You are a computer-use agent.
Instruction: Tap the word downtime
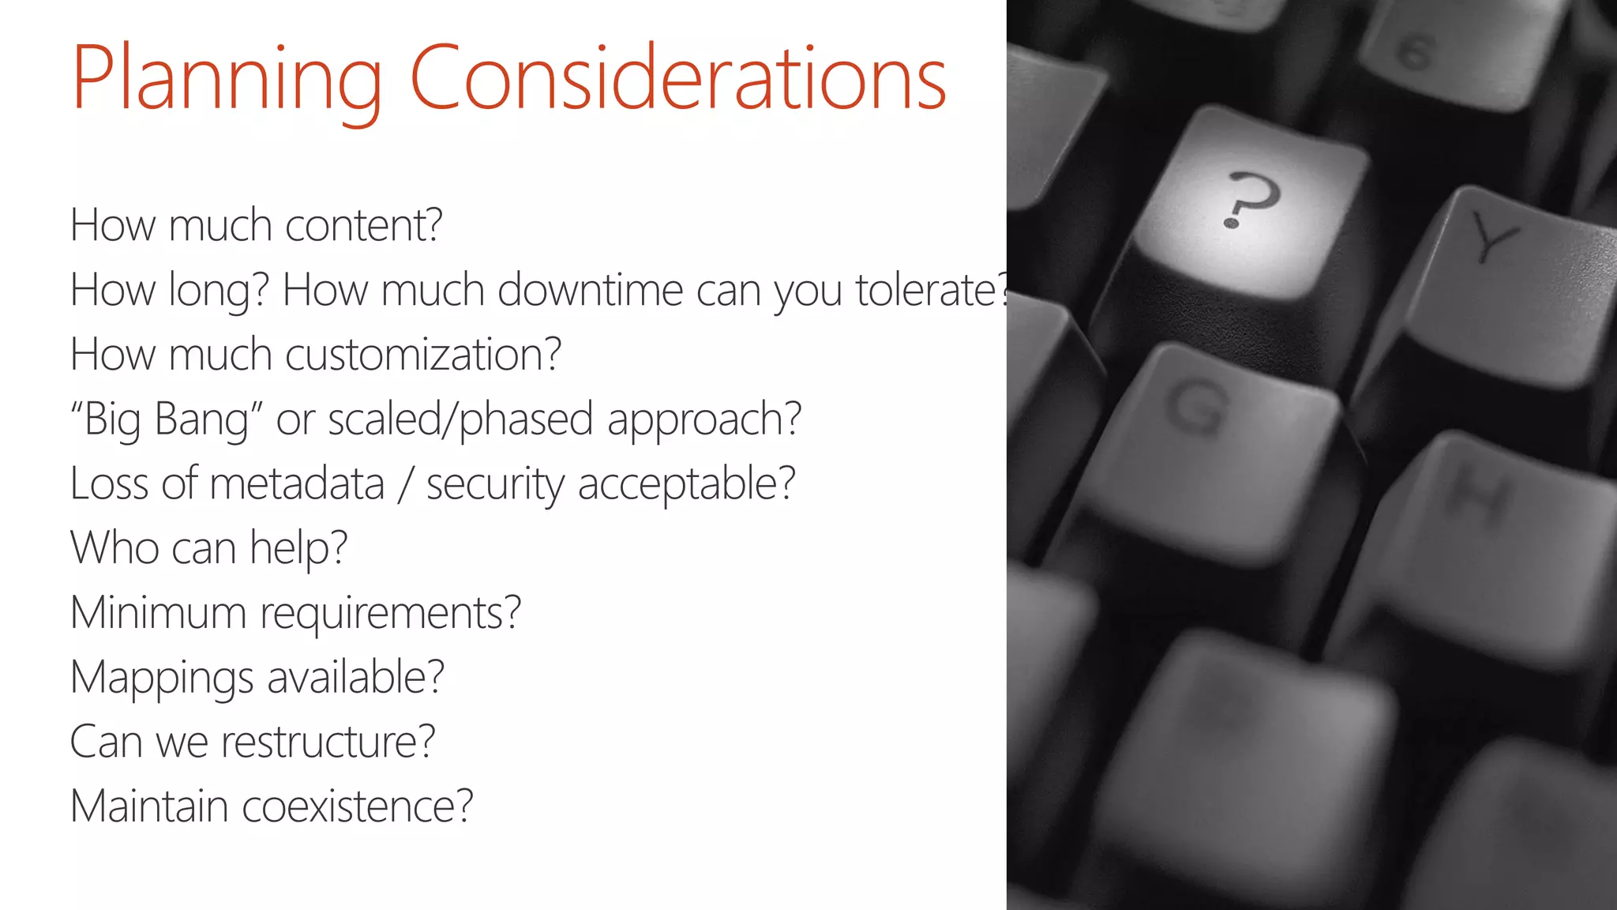point(591,290)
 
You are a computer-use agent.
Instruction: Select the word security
point(495,484)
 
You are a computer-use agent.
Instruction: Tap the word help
point(298,548)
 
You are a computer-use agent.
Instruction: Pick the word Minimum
point(158,613)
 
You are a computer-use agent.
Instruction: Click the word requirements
point(391,614)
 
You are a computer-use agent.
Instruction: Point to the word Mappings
point(162,678)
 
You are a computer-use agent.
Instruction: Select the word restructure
point(328,743)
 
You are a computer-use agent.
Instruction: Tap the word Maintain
point(149,807)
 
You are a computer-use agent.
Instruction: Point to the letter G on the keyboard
point(1198,407)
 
